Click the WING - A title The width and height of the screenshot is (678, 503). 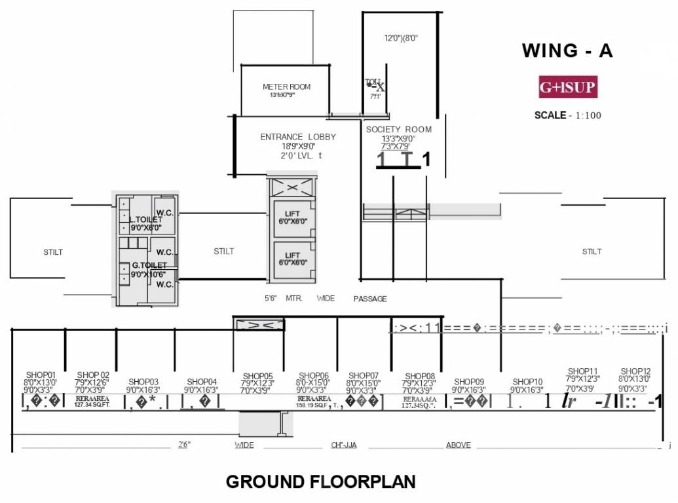click(567, 51)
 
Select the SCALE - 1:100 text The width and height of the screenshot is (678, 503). click(567, 115)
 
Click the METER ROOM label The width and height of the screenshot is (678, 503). click(286, 87)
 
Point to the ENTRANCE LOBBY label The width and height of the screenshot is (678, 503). click(298, 137)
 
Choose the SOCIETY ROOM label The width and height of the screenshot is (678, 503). click(398, 130)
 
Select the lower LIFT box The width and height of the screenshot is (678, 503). click(292, 259)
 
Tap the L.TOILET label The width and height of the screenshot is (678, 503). click(145, 220)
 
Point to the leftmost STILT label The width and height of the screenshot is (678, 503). click(53, 252)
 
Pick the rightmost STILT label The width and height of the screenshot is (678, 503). click(592, 251)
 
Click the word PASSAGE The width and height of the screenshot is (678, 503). click(370, 299)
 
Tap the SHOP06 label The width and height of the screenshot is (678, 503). click(312, 375)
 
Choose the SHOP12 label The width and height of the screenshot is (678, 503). click(635, 371)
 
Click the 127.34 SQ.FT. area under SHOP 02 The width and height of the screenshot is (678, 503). click(92, 405)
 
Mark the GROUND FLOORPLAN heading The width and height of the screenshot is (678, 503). click(320, 482)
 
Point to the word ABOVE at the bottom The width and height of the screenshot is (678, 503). click(458, 445)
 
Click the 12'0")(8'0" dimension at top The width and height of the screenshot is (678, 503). click(401, 39)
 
